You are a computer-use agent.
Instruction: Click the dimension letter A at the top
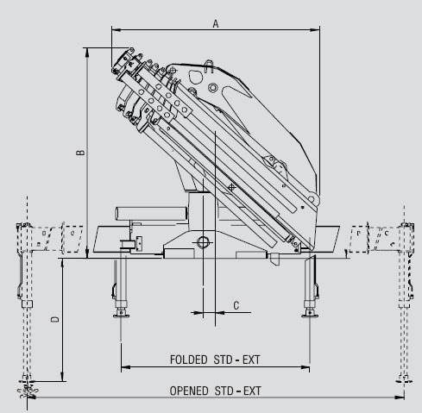tap(216, 23)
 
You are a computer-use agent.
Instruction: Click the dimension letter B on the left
tap(80, 153)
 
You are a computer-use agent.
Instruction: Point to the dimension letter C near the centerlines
tap(236, 305)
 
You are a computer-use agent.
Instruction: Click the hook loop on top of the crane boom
tap(209, 66)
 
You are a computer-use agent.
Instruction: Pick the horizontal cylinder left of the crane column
tap(151, 214)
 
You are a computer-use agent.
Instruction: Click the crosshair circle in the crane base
tap(203, 242)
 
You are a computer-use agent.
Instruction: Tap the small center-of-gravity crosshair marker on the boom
tap(231, 187)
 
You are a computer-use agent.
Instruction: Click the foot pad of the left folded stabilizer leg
tap(121, 316)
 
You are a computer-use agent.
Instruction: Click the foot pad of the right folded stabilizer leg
tap(310, 316)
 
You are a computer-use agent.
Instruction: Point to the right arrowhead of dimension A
tap(315, 29)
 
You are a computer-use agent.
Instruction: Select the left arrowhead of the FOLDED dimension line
tap(126, 367)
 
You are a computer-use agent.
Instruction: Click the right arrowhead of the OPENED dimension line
tap(400, 397)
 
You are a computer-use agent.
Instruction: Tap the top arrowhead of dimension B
tap(87, 53)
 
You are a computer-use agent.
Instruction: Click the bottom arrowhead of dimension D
tap(62, 377)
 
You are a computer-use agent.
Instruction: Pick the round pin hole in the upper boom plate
tap(213, 87)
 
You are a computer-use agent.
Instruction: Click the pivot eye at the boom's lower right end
tap(312, 199)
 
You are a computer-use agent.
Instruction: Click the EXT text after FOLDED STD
tap(251, 360)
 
